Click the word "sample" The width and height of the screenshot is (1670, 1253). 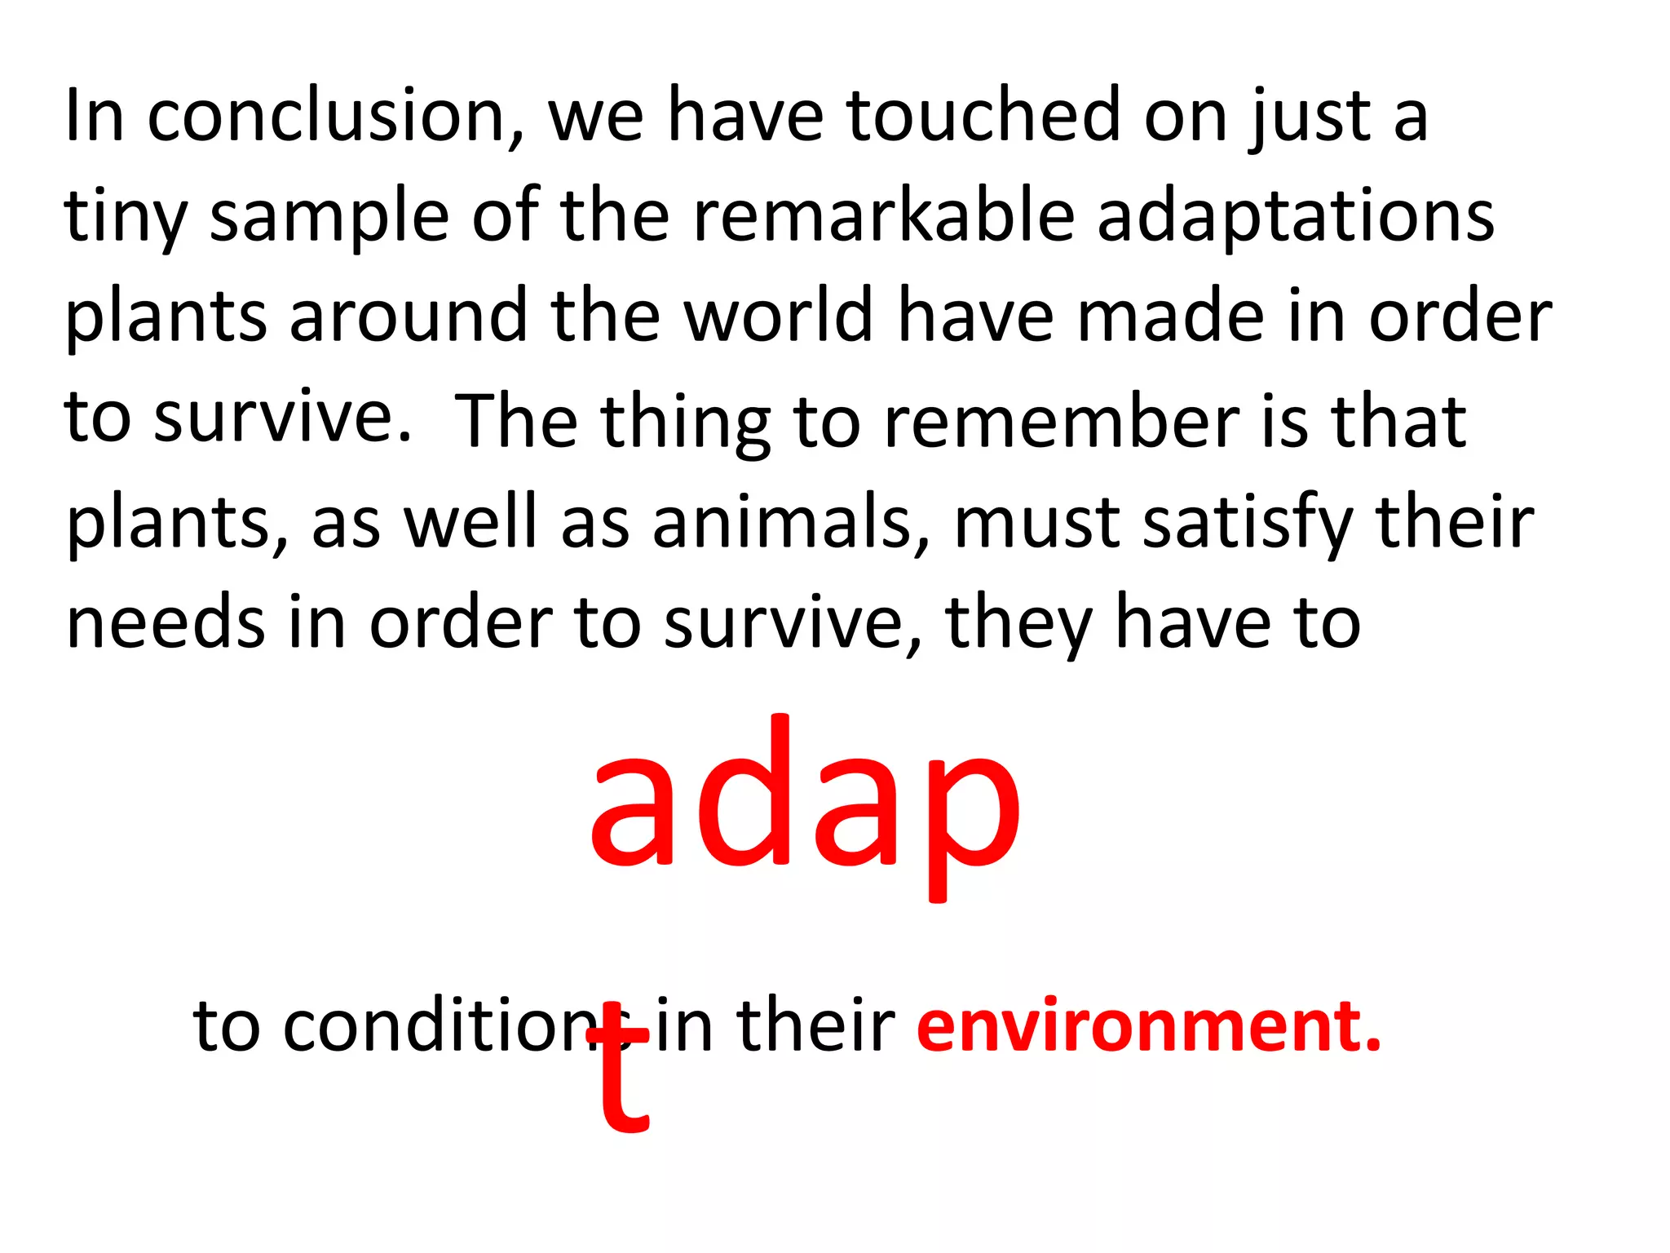click(x=329, y=219)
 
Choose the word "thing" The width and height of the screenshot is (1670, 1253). click(x=686, y=423)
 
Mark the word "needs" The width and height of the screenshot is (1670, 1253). click(x=166, y=623)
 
